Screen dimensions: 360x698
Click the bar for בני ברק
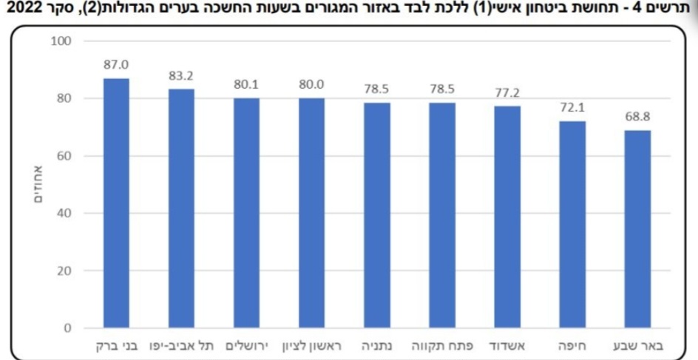pyautogui.click(x=116, y=203)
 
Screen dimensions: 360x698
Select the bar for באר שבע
pyautogui.click(x=637, y=229)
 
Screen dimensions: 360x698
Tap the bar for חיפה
pyautogui.click(x=572, y=225)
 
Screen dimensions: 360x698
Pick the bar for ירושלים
pyautogui.click(x=246, y=213)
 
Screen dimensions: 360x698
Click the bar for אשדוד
pyautogui.click(x=507, y=217)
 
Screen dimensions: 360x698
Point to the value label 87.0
pyautogui.click(x=116, y=65)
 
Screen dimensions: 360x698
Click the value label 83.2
pyautogui.click(x=181, y=75)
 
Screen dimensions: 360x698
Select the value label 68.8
pyautogui.click(x=637, y=117)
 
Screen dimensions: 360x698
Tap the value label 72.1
pyautogui.click(x=572, y=108)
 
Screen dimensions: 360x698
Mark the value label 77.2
pyautogui.click(x=507, y=93)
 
